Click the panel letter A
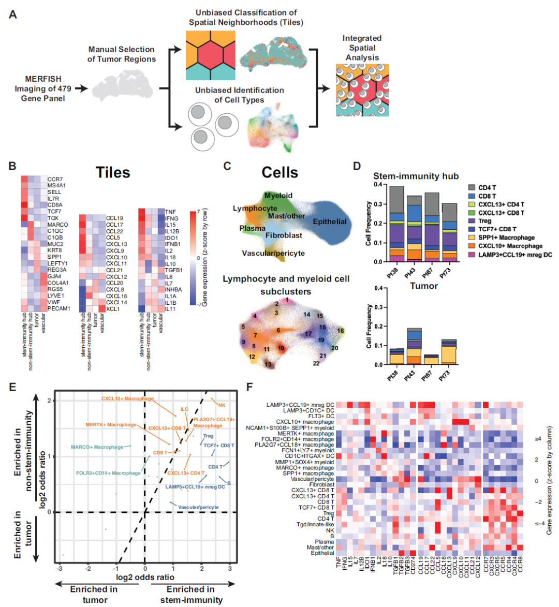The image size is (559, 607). (13, 14)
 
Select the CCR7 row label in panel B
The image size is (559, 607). (55, 179)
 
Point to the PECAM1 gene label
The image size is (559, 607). (58, 308)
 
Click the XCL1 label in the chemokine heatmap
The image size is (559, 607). (112, 309)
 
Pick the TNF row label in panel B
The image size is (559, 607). (170, 212)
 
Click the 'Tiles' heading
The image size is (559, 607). (112, 172)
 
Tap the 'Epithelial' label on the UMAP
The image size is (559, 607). (329, 221)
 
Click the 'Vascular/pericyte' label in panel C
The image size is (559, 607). (273, 253)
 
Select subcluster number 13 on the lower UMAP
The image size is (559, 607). (268, 364)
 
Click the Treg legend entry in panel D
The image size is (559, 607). (484, 221)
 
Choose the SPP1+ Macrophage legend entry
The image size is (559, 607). (506, 238)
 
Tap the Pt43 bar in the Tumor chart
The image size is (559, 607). (414, 346)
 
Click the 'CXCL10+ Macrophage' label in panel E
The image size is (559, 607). (127, 398)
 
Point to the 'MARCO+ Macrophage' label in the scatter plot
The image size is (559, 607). (97, 447)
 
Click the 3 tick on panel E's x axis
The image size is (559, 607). (230, 568)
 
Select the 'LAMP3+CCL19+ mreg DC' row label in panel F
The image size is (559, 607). (300, 405)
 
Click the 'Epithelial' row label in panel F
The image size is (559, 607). (322, 553)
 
